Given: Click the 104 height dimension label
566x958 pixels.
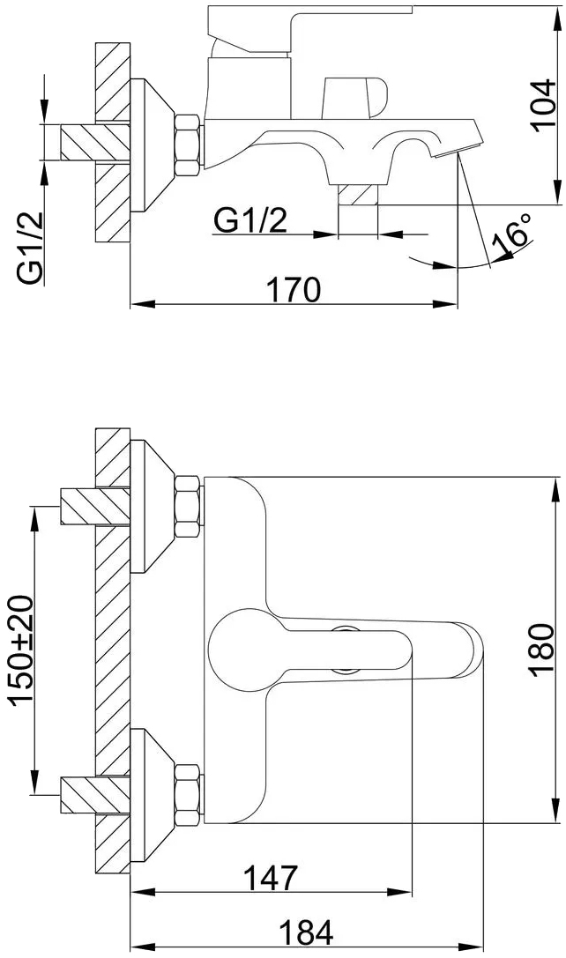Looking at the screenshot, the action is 543,103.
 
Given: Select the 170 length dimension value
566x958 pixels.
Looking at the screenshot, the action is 294,289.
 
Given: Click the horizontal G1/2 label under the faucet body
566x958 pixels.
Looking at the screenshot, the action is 250,220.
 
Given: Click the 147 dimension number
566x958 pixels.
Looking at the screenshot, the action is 270,878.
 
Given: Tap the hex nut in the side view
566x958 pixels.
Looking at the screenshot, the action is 188,145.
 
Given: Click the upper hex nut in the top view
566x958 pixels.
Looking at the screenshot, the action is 188,507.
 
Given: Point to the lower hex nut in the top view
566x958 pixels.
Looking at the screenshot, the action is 188,796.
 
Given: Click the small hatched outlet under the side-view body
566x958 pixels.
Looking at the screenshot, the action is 358,195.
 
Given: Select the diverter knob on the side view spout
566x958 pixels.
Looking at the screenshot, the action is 354,97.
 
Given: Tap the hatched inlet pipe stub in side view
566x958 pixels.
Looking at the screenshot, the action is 95,143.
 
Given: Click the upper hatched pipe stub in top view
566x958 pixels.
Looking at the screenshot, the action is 95,506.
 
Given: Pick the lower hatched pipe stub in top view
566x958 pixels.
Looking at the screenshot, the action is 95,794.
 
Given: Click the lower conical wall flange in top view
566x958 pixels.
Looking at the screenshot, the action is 152,795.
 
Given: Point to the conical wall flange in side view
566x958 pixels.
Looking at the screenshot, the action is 152,145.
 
